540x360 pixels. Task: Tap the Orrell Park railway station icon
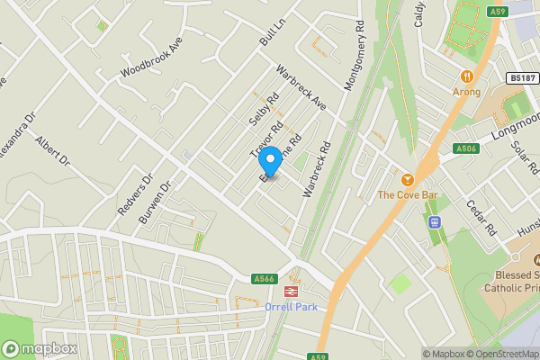(291, 291)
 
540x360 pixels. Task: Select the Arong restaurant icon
(467, 76)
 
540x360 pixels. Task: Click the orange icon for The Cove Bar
(407, 179)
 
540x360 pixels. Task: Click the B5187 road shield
(520, 79)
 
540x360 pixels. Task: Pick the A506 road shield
(465, 148)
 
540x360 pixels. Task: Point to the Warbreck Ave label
(300, 89)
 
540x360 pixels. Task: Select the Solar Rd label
(524, 157)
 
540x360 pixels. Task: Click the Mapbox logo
(39, 348)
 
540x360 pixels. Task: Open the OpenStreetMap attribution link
(502, 354)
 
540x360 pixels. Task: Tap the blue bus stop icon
(434, 222)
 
